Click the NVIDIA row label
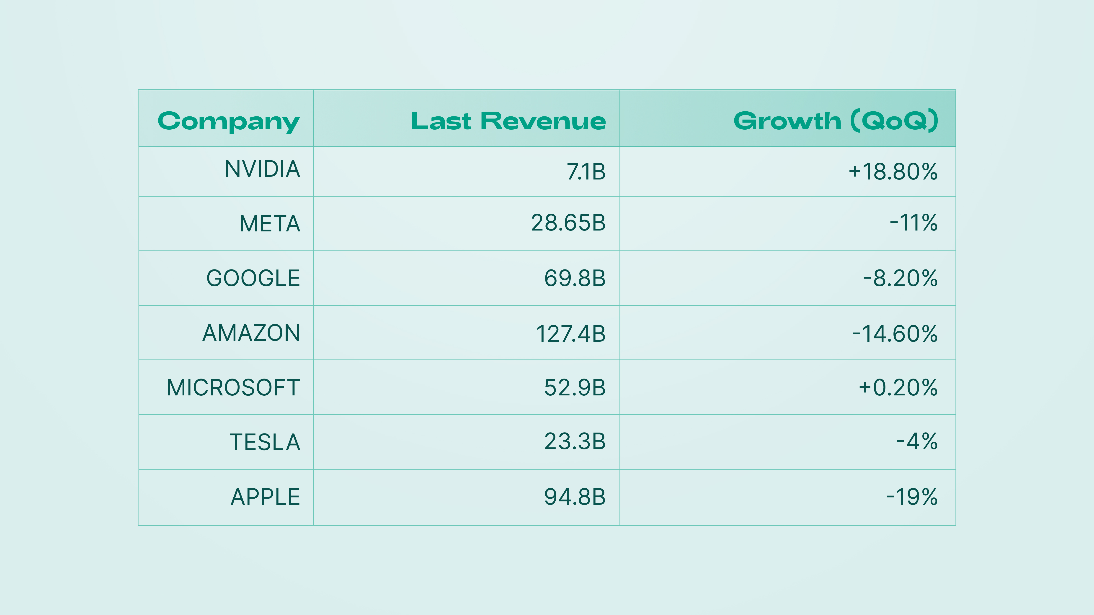[x=263, y=169]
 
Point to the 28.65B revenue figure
[x=568, y=223]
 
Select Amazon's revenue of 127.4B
[x=571, y=334]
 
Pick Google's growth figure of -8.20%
[x=900, y=278]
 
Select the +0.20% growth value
[x=898, y=387]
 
